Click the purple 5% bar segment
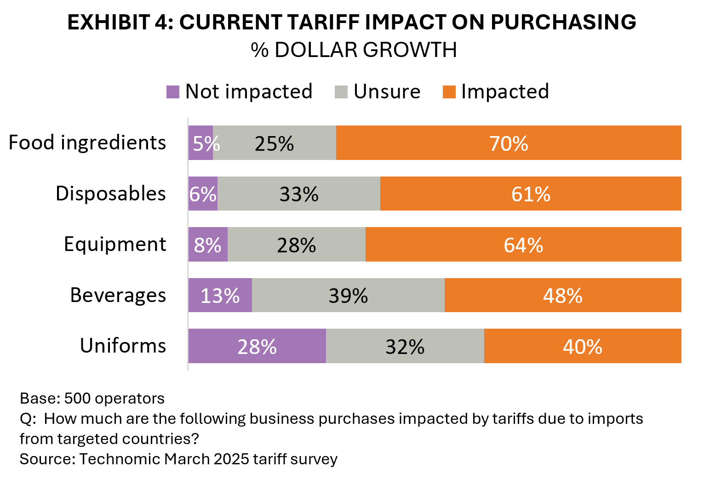200,143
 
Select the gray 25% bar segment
275,143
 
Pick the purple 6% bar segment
203,194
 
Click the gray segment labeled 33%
299,194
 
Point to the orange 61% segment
531,194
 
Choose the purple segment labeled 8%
208,244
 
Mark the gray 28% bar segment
297,244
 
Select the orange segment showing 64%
523,244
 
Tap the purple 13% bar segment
220,295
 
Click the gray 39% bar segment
348,295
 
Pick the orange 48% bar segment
563,295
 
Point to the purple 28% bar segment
257,346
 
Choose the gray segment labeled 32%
405,346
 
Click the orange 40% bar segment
583,346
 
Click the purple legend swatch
173,92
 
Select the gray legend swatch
341,92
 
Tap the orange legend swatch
449,92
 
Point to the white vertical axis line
188,244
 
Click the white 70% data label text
509,143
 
